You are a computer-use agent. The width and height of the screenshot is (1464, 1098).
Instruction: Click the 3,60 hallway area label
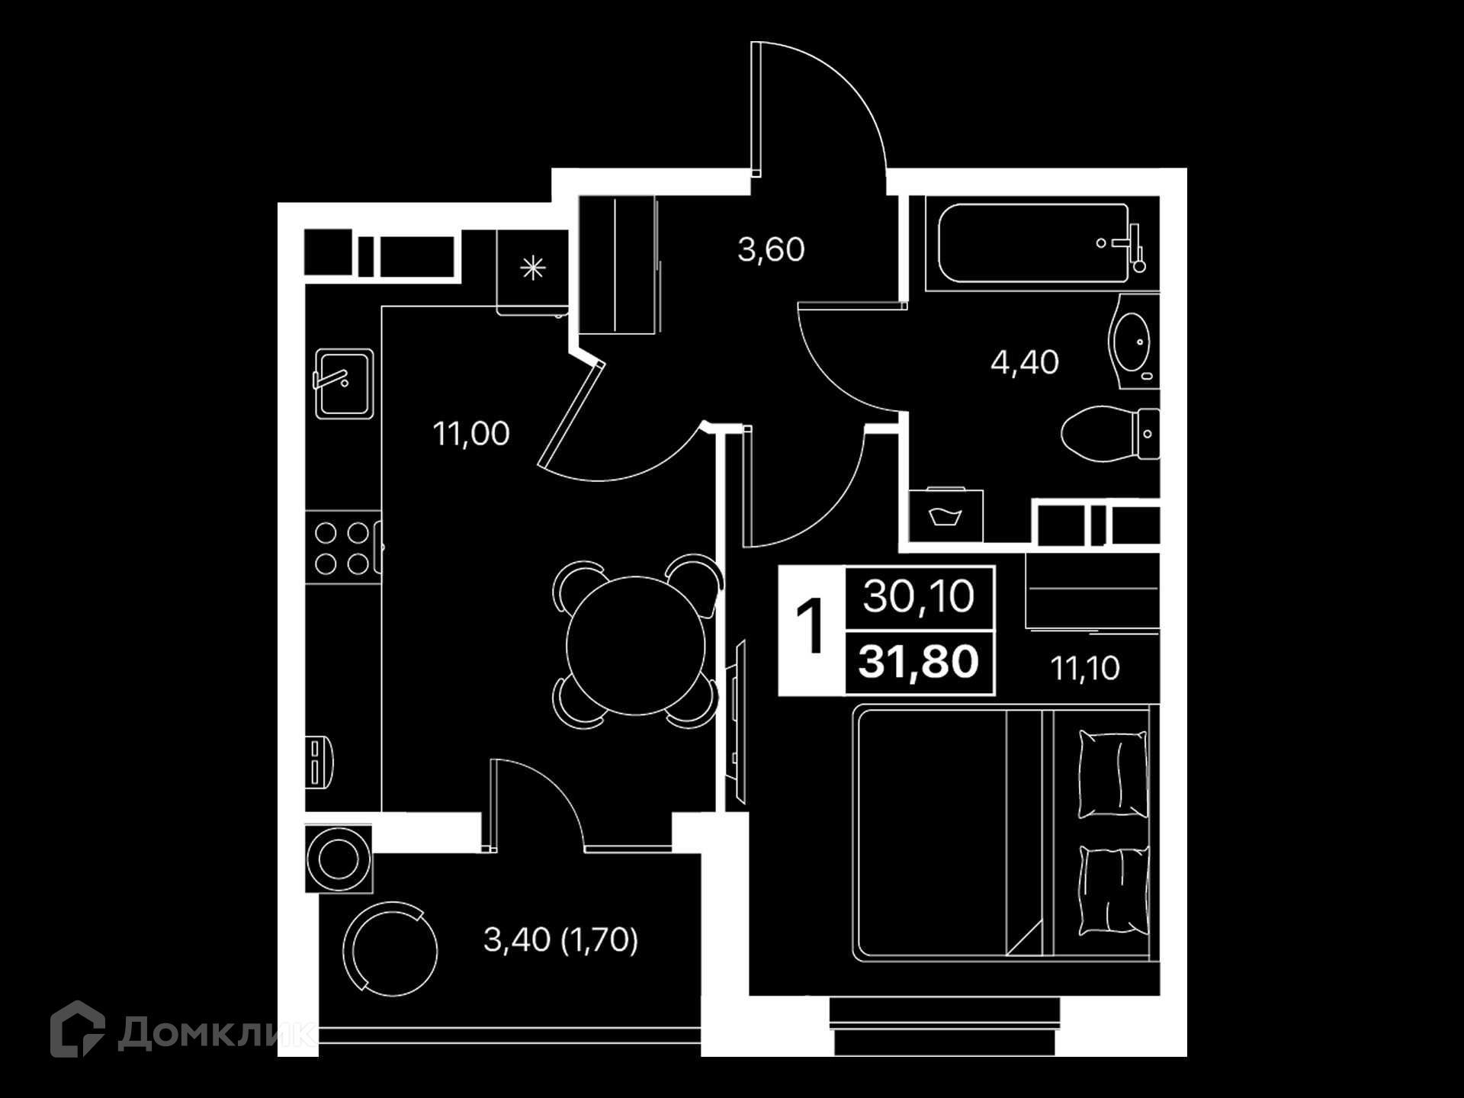[x=771, y=250]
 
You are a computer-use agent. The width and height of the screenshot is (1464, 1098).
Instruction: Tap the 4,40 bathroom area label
[x=1025, y=362]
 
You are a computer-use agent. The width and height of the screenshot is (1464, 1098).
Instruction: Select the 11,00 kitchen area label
[x=471, y=434]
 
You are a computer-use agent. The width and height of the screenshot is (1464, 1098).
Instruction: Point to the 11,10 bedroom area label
[x=1085, y=668]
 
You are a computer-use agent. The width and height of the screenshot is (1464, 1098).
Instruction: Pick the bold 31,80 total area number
[x=919, y=661]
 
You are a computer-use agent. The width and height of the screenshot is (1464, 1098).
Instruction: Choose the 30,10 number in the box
[x=919, y=596]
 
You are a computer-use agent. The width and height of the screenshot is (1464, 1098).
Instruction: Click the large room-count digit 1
[x=811, y=627]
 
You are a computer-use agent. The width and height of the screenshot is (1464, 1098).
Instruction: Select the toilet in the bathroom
[x=1110, y=435]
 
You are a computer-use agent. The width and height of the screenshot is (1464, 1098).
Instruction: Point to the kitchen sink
[x=345, y=384]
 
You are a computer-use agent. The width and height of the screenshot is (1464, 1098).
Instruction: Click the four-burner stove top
[x=342, y=547]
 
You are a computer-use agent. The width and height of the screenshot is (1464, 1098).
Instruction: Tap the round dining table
[x=635, y=646]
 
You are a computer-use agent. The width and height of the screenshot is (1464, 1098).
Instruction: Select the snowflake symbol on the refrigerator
[x=533, y=268]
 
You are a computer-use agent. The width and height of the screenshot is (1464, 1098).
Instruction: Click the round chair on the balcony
[x=390, y=949]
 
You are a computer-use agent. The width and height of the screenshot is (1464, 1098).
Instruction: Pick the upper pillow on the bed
[x=1113, y=774]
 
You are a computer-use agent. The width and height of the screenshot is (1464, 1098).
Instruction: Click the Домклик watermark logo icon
[x=77, y=1029]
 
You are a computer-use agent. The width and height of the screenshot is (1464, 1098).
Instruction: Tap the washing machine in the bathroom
[x=946, y=515]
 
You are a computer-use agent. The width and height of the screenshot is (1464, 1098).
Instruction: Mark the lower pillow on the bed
[x=1113, y=891]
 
